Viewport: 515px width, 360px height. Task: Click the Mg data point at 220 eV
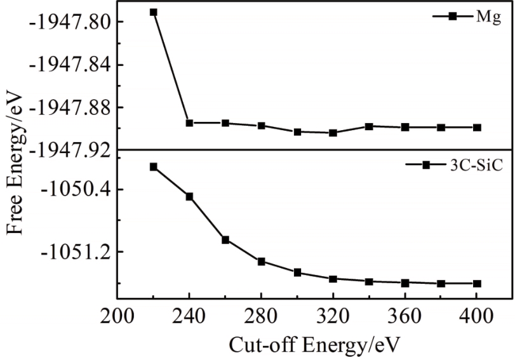pyautogui.click(x=153, y=12)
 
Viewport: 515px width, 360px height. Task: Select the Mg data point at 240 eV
pyautogui.click(x=189, y=123)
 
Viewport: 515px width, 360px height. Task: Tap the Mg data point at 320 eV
pyautogui.click(x=333, y=133)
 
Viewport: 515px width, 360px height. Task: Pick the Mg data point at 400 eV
pyautogui.click(x=477, y=127)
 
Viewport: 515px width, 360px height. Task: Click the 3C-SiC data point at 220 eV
pyautogui.click(x=153, y=166)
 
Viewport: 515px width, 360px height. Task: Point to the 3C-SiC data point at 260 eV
pyautogui.click(x=225, y=239)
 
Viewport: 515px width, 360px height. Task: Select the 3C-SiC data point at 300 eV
pyautogui.click(x=297, y=272)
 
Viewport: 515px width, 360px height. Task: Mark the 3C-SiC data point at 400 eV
pyautogui.click(x=477, y=283)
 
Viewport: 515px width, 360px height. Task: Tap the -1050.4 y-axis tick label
pyautogui.click(x=72, y=189)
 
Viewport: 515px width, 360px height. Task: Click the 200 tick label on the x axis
pyautogui.click(x=117, y=317)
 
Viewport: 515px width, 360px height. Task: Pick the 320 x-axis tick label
pyautogui.click(x=333, y=317)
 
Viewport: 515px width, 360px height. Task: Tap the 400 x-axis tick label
pyautogui.click(x=477, y=317)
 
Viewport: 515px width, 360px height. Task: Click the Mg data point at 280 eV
pyautogui.click(x=261, y=126)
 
